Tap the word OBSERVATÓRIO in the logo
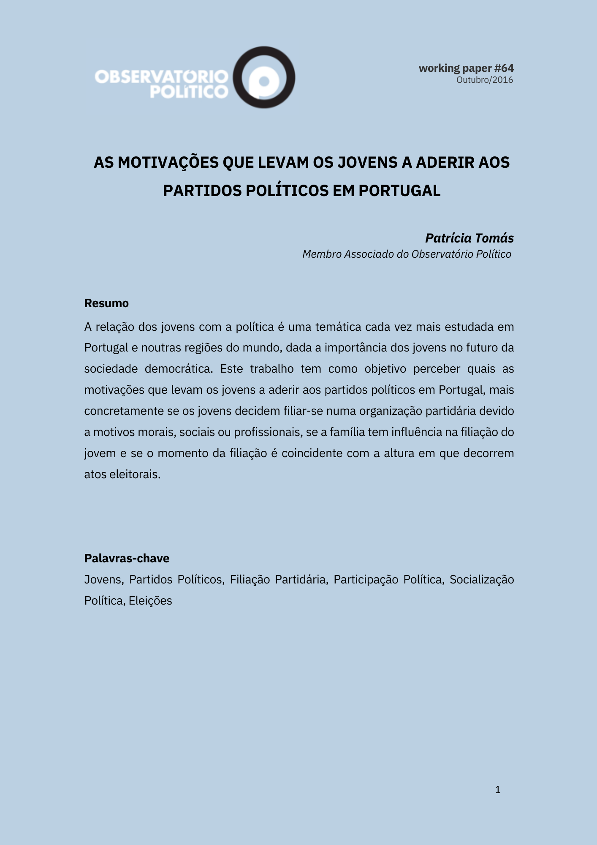(161, 77)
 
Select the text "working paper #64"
(466, 68)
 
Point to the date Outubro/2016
(485, 80)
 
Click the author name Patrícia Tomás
(469, 238)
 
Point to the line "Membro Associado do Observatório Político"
(407, 254)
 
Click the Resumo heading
(106, 303)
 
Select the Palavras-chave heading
(127, 558)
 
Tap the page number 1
(498, 790)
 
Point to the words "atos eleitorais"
(122, 474)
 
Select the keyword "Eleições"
(150, 600)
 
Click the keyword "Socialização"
(482, 579)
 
